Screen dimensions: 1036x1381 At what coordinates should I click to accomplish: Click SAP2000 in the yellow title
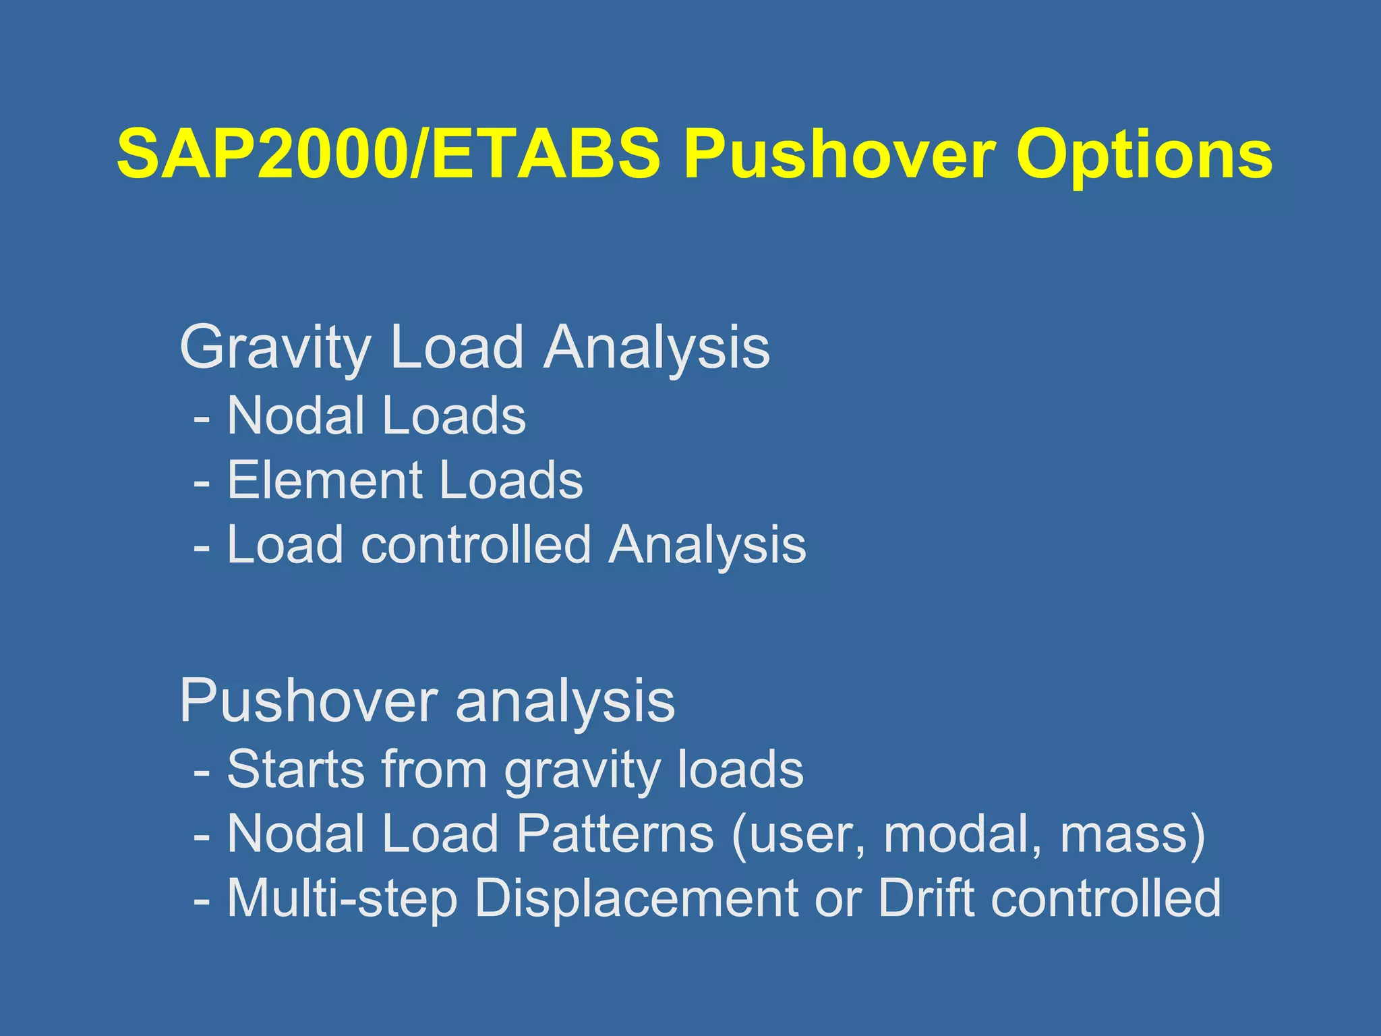coord(261,154)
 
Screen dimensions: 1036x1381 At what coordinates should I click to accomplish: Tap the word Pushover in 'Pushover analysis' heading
coord(307,701)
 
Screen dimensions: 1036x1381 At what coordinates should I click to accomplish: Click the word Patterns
coord(615,834)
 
